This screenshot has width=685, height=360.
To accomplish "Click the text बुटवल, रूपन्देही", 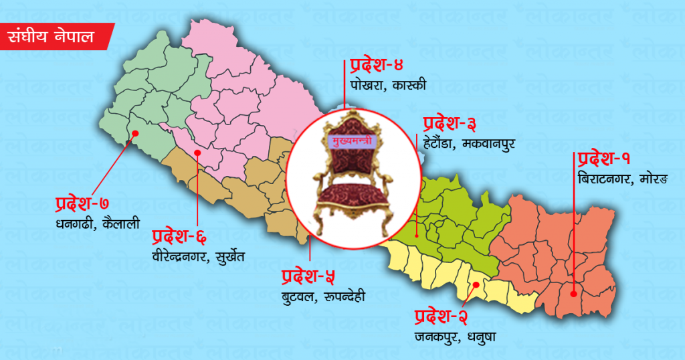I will click(x=323, y=295).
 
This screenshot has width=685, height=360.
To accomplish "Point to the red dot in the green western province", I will click(x=135, y=132).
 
